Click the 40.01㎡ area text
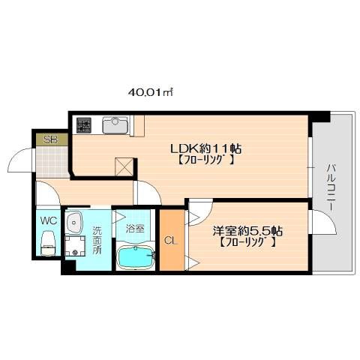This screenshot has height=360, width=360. click(x=150, y=92)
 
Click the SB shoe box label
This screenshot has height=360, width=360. click(x=50, y=139)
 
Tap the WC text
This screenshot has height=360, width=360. click(x=49, y=221)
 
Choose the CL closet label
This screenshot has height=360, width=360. click(x=170, y=241)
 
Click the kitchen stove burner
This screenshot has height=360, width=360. click(x=83, y=124)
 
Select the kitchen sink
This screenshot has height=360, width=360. click(x=115, y=124)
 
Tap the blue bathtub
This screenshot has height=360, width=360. click(x=135, y=259)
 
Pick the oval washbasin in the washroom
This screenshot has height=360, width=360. click(x=73, y=221)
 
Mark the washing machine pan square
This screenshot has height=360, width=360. click(x=75, y=247)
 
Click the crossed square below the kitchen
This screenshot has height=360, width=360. click(x=124, y=166)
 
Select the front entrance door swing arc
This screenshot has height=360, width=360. click(x=21, y=160)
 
